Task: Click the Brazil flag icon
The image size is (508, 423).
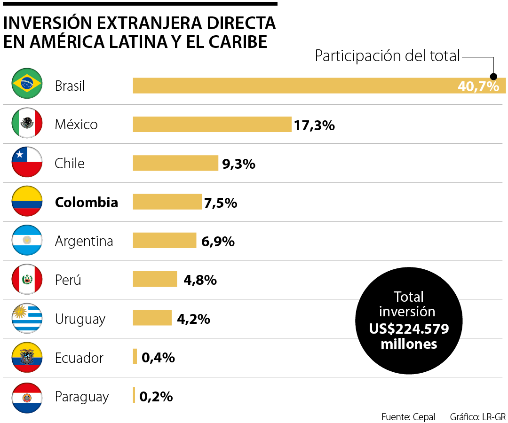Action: point(27,85)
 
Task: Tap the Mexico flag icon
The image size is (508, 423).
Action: point(27,124)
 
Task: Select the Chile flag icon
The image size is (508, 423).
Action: point(27,163)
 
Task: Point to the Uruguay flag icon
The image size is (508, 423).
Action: point(27,319)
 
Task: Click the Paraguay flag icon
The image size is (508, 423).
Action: point(27,397)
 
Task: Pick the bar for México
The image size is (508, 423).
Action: point(212,125)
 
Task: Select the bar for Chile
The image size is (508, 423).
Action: point(175,163)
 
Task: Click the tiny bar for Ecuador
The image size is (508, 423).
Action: point(135,357)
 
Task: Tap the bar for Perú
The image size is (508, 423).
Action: point(155,279)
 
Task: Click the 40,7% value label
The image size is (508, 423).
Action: point(478,86)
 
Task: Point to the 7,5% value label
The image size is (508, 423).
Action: point(220,203)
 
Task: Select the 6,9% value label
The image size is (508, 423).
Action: point(217,242)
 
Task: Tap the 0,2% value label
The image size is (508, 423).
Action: point(156,397)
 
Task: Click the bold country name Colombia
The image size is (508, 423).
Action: point(87,202)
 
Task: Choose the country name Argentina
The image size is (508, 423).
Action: point(84,241)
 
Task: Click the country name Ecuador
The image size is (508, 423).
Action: point(79,358)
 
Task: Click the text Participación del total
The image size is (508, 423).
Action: point(387,56)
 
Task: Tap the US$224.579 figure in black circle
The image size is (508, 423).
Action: point(409,329)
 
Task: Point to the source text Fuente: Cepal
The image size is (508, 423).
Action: point(408,416)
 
